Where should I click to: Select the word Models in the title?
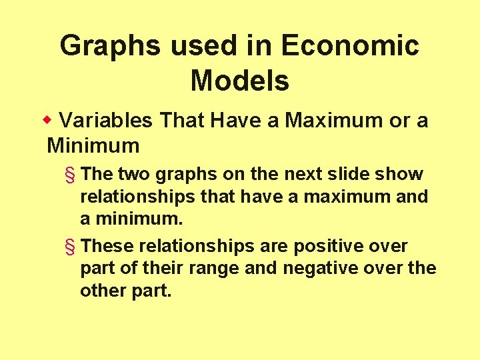coord(239,81)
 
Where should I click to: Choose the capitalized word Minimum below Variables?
coord(93,145)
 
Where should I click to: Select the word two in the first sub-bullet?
coord(133,174)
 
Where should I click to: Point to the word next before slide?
coord(324,174)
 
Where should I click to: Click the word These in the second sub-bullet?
coord(107,246)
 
